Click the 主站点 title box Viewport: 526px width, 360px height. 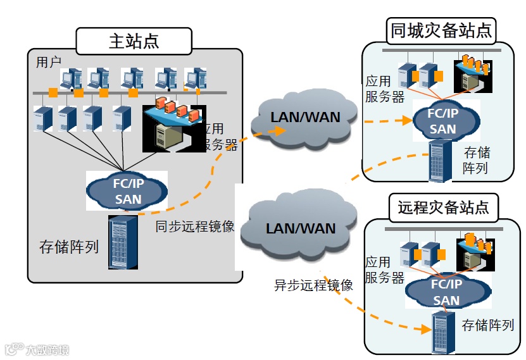134,42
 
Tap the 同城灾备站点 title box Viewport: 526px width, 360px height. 441,30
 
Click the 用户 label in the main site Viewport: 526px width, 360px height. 48,62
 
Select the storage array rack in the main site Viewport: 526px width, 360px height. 123,242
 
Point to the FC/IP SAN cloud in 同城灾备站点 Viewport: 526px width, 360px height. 442,121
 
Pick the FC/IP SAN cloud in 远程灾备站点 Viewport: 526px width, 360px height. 446,292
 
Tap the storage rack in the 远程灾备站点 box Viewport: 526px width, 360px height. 439,332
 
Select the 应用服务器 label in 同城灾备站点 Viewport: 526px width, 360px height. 385,89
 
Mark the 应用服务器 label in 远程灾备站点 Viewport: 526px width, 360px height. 384,270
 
